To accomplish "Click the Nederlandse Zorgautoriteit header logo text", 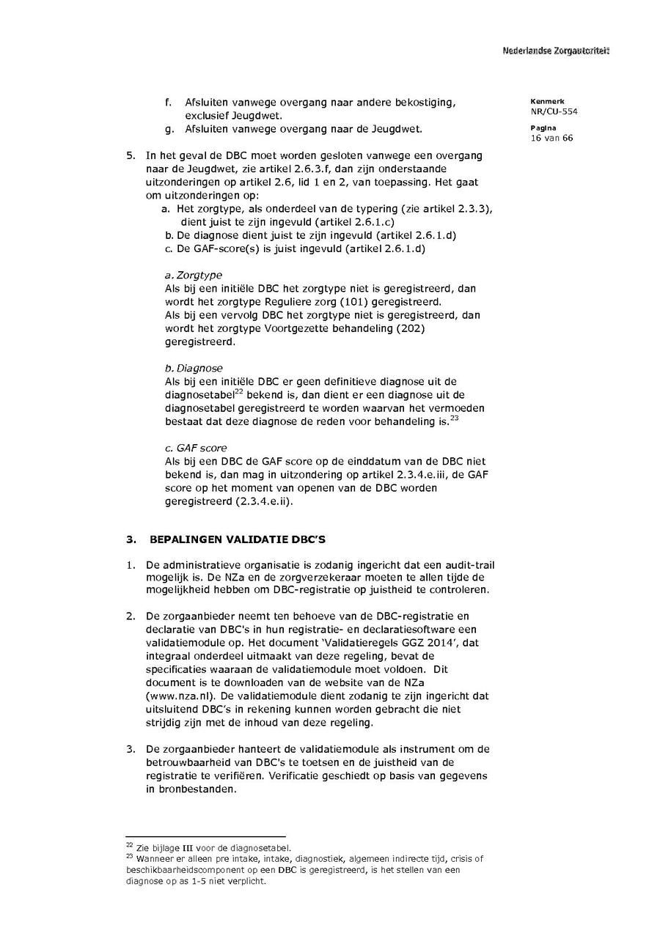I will point(556,51).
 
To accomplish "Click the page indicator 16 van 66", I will point(551,138).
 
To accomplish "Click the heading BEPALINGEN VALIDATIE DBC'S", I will point(238,539).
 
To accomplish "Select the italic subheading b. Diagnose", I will point(194,368).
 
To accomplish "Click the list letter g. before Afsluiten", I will point(169,130).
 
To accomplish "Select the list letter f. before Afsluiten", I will point(169,103).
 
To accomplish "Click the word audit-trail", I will point(474,564).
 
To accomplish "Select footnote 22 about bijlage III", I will point(209,847).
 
